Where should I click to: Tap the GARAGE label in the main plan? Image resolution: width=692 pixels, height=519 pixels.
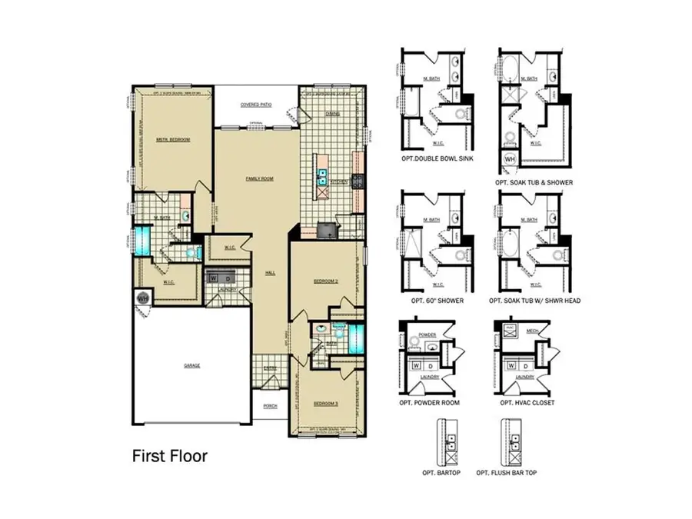coord(191,365)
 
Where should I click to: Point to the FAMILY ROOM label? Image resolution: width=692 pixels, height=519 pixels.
coord(259,178)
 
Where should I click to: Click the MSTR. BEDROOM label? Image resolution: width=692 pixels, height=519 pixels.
coord(173,140)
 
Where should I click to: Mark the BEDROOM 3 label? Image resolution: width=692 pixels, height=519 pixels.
coord(326,403)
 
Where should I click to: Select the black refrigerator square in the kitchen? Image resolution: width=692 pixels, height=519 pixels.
coord(329,231)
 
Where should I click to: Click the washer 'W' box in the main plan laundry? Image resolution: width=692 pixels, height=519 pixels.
coord(213,278)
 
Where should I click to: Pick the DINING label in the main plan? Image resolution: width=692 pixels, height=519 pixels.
coord(332,114)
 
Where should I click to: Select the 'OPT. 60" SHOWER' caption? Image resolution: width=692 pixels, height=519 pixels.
coord(437,301)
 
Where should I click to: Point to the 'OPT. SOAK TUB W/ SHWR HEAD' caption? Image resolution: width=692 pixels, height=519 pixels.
coord(539,301)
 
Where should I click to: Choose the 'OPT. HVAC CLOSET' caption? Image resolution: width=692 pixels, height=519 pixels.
coord(526,403)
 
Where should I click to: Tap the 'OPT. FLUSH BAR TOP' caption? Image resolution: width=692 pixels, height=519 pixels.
coord(507,472)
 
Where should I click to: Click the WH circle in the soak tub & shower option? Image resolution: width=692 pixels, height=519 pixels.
coord(508,158)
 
